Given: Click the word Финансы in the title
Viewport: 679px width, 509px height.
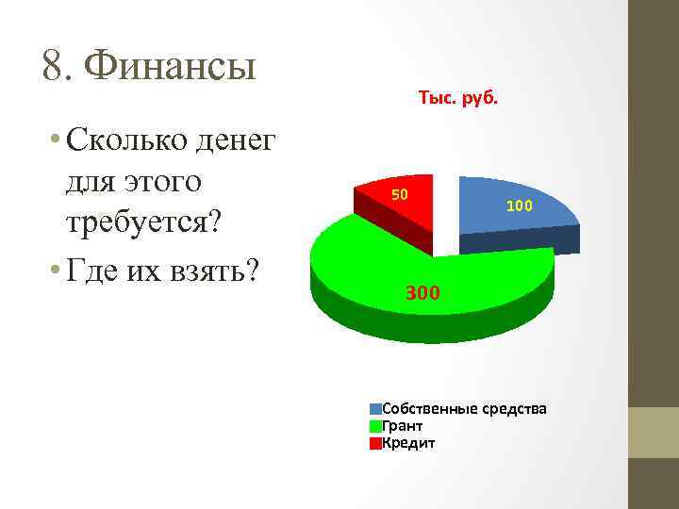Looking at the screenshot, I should tap(170, 66).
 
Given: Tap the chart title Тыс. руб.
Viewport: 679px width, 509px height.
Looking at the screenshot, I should tap(457, 98).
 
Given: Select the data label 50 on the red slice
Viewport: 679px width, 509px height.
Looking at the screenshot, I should tap(399, 195).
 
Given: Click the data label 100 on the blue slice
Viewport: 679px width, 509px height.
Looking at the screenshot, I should tap(519, 205).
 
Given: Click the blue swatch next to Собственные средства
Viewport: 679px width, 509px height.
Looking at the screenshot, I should tap(375, 409).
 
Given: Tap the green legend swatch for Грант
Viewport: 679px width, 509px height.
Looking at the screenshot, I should tap(375, 426).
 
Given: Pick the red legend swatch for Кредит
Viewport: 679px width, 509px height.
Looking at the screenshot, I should tap(375, 443).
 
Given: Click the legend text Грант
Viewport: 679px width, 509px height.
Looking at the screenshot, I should tap(403, 426).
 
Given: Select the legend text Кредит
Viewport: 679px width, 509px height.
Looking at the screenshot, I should tap(408, 443).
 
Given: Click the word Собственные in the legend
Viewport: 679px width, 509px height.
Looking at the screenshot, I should tap(429, 409).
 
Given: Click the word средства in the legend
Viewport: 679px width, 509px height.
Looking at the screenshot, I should tap(514, 409).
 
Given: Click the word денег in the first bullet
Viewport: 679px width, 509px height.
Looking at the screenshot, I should tap(235, 140).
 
